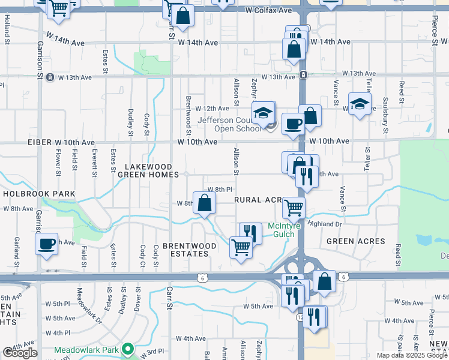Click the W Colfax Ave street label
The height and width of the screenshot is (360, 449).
point(268,11)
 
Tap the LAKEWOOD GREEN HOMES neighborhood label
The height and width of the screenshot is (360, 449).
point(148,170)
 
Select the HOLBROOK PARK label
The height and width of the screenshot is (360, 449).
point(39,194)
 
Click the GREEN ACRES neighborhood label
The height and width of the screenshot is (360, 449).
point(355,241)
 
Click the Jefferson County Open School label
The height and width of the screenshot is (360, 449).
point(227,124)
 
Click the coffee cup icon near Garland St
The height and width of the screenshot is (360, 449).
point(46,244)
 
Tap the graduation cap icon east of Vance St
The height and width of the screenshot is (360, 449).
point(360,104)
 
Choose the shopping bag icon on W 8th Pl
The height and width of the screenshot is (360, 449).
point(204,203)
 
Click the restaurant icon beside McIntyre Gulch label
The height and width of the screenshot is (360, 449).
point(251,233)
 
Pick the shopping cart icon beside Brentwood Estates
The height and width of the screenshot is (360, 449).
point(241,246)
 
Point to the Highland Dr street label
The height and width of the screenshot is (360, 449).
point(325,223)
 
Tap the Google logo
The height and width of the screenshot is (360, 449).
point(20,353)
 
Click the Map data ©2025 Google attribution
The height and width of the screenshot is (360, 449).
point(412,355)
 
